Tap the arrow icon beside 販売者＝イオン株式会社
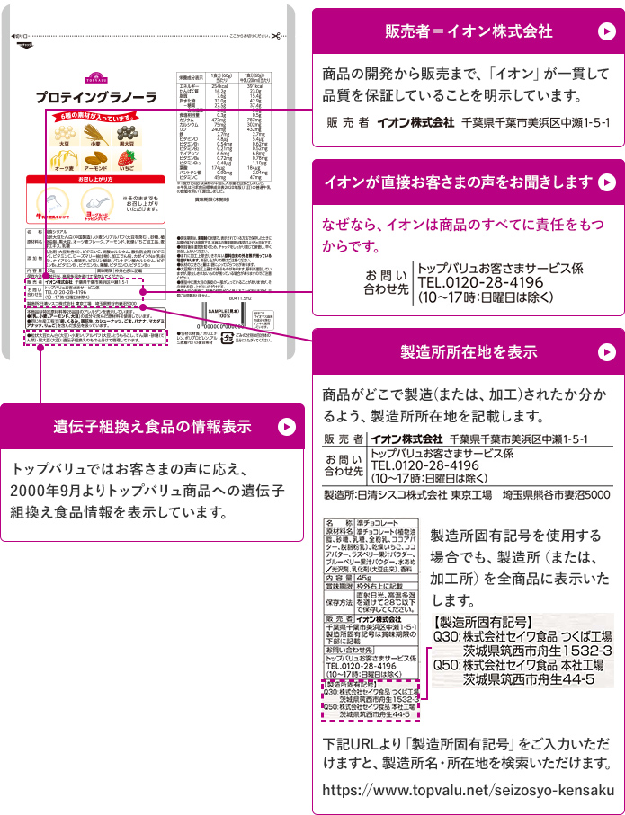(604, 31)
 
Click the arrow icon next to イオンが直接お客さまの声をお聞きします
(607, 182)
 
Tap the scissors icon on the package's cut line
(274, 36)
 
